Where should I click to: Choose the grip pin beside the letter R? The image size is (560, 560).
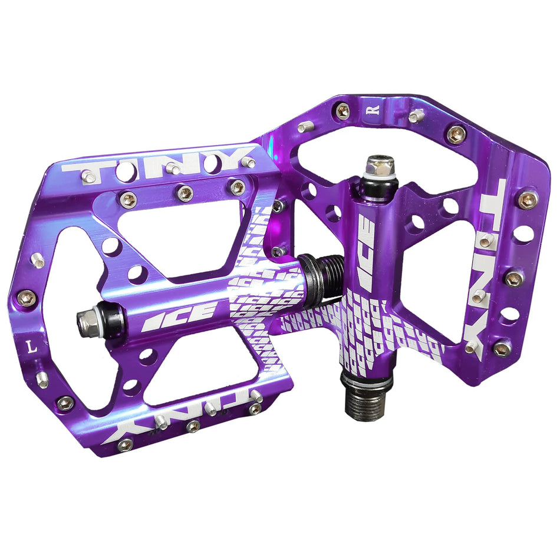click(x=416, y=115)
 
